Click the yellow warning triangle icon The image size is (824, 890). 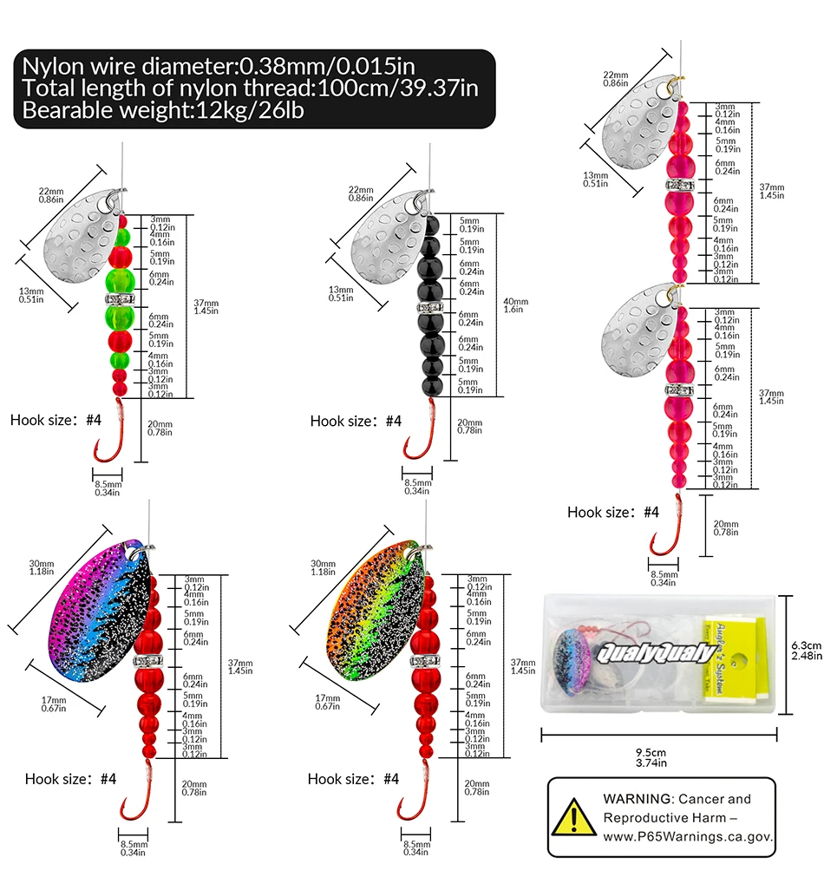tap(572, 818)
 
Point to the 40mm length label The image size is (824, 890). tap(514, 305)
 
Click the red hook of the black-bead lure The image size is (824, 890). tap(414, 439)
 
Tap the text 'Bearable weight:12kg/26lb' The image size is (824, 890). tap(163, 111)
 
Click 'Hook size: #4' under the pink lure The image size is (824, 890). tap(613, 512)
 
